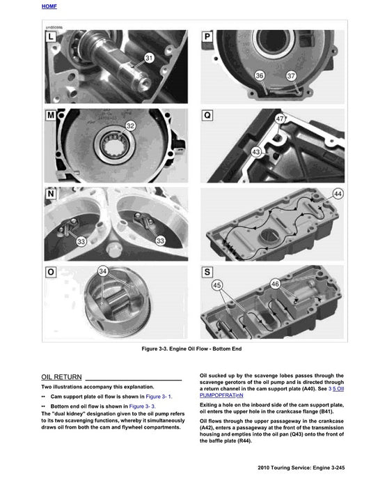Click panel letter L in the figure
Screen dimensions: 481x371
click(52, 36)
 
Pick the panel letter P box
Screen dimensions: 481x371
click(207, 36)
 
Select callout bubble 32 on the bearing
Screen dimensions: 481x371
click(129, 126)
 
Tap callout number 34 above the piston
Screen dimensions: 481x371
click(103, 270)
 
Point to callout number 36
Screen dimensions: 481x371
click(260, 75)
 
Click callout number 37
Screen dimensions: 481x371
click(291, 75)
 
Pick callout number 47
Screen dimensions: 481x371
click(281, 120)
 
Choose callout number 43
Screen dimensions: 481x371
click(257, 151)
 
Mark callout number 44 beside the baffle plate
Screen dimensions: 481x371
click(338, 192)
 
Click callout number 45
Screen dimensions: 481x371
click(217, 284)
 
